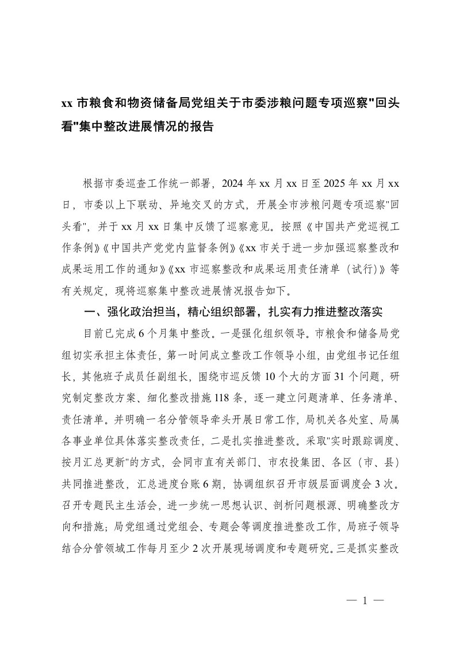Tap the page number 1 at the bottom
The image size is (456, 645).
click(365, 601)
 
